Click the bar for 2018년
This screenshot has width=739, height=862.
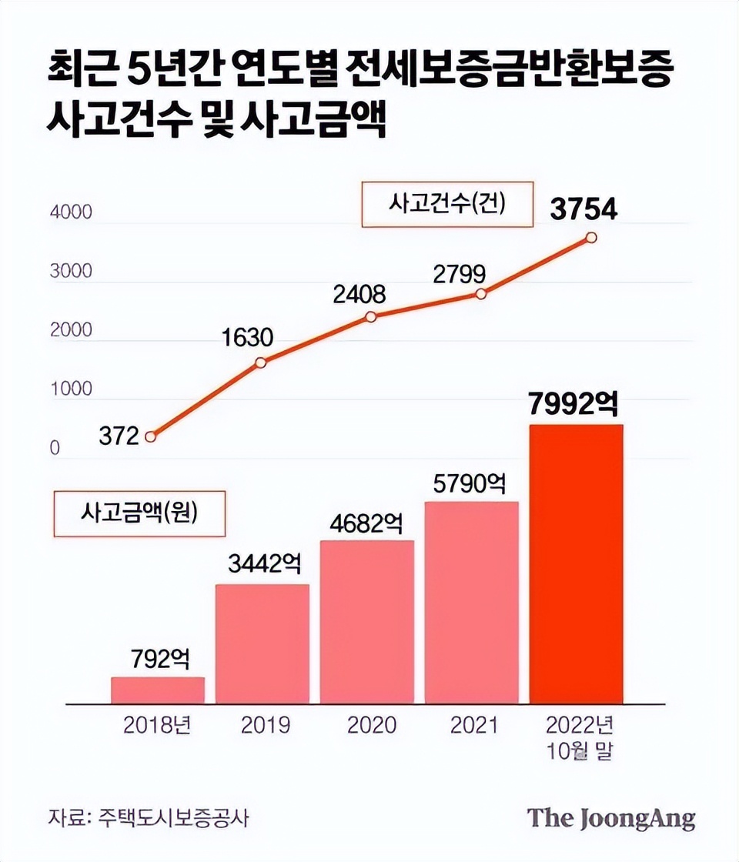(158, 690)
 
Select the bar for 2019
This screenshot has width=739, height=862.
(262, 643)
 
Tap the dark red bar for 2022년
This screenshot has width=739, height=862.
(576, 563)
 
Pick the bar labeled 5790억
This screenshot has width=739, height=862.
(471, 603)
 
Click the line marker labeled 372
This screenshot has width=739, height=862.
(151, 436)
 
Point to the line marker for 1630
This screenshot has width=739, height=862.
(261, 363)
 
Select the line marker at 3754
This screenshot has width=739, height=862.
(591, 238)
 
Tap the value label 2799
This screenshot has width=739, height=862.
(459, 273)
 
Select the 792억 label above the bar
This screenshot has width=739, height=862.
(159, 660)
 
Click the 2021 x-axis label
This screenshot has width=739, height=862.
(473, 725)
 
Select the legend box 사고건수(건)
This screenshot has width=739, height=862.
(446, 205)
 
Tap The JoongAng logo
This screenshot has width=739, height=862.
(611, 817)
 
